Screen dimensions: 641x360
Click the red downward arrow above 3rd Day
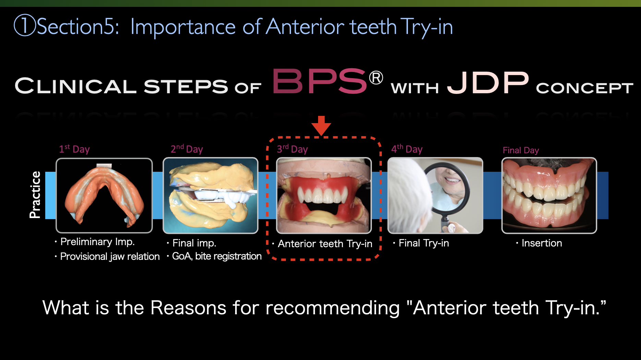pos(321,125)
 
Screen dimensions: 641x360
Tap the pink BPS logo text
pos(319,81)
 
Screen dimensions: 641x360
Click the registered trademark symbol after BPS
pos(376,78)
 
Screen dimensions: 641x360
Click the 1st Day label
pos(74,149)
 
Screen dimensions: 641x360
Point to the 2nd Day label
pos(187,149)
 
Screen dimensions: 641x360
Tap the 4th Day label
pos(407,149)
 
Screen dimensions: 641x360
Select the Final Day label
pos(521,150)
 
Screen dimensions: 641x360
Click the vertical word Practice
pos(35,195)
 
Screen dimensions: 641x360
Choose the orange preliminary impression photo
pos(104,195)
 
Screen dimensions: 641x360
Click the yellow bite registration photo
pos(210,195)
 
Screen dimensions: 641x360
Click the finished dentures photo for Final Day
pos(549,195)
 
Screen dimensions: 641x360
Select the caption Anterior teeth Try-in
pos(325,244)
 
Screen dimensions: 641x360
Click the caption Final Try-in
pos(424,243)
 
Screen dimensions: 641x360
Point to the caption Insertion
pos(542,243)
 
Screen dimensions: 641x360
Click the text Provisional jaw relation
pos(110,256)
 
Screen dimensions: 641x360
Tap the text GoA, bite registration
pos(217,256)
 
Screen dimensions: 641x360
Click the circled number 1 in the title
pos(25,26)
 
